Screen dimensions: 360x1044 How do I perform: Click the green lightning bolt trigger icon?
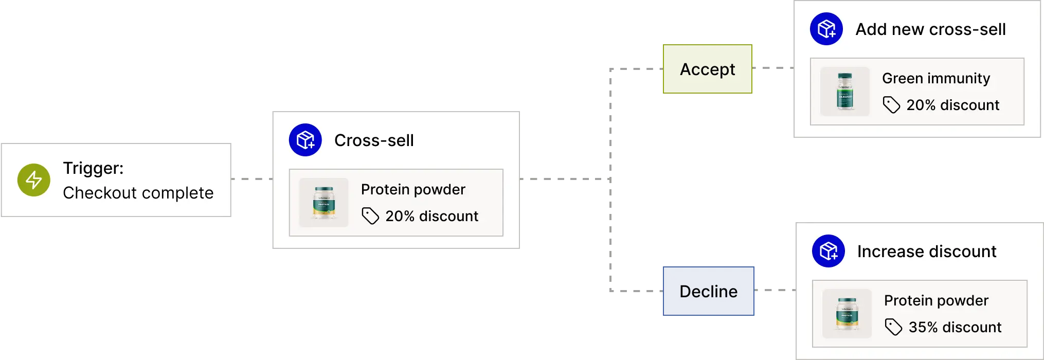(x=34, y=180)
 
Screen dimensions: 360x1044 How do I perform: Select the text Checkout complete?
(x=138, y=193)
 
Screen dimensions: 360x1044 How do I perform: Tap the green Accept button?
(x=707, y=69)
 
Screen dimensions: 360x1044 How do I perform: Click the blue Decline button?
(x=709, y=291)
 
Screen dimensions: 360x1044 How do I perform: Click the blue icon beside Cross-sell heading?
(x=305, y=140)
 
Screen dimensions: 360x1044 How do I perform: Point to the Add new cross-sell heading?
(x=930, y=29)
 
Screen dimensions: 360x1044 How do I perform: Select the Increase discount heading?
(x=926, y=251)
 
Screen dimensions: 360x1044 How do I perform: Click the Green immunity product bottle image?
(x=844, y=92)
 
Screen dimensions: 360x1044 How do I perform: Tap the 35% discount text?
(x=955, y=327)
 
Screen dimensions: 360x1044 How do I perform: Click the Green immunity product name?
(x=935, y=78)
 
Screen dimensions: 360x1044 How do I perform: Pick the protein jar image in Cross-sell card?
(x=323, y=203)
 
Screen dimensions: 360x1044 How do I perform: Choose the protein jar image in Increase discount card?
(x=847, y=314)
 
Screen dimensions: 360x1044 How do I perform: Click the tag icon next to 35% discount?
(x=893, y=327)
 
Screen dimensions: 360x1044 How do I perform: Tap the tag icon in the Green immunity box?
(x=891, y=105)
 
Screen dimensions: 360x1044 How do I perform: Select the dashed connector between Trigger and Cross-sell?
(x=253, y=179)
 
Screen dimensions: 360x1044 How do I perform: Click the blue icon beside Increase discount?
(x=828, y=251)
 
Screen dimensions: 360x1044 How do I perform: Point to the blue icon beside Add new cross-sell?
(x=826, y=29)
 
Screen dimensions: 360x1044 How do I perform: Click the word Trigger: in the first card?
(x=93, y=168)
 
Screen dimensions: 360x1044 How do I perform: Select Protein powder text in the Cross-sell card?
(x=412, y=189)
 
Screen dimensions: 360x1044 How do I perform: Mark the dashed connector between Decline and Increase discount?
(x=776, y=290)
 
